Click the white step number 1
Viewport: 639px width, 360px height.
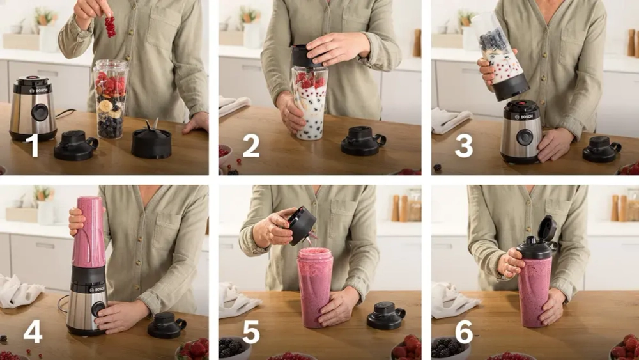tap(33, 145)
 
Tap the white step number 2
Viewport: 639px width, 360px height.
tap(251, 146)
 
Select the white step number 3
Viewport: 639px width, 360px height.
tap(464, 146)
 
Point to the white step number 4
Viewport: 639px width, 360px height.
tap(33, 331)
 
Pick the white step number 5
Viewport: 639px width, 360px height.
tap(251, 331)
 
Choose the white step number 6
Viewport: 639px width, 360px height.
tap(464, 331)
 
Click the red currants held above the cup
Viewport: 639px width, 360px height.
tap(110, 26)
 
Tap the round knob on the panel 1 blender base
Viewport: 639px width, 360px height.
tap(40, 112)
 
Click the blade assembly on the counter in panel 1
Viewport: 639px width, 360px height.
tap(151, 140)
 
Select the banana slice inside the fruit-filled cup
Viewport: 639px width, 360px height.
tap(106, 106)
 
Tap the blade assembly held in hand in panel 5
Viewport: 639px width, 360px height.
tap(302, 226)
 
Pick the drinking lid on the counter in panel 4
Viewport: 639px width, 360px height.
tap(167, 325)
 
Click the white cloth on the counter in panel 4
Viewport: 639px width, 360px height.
tap(20, 292)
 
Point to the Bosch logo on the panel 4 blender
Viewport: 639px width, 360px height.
tap(97, 290)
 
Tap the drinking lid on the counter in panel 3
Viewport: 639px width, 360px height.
tap(601, 149)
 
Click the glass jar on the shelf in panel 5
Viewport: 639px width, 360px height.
tap(415, 205)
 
